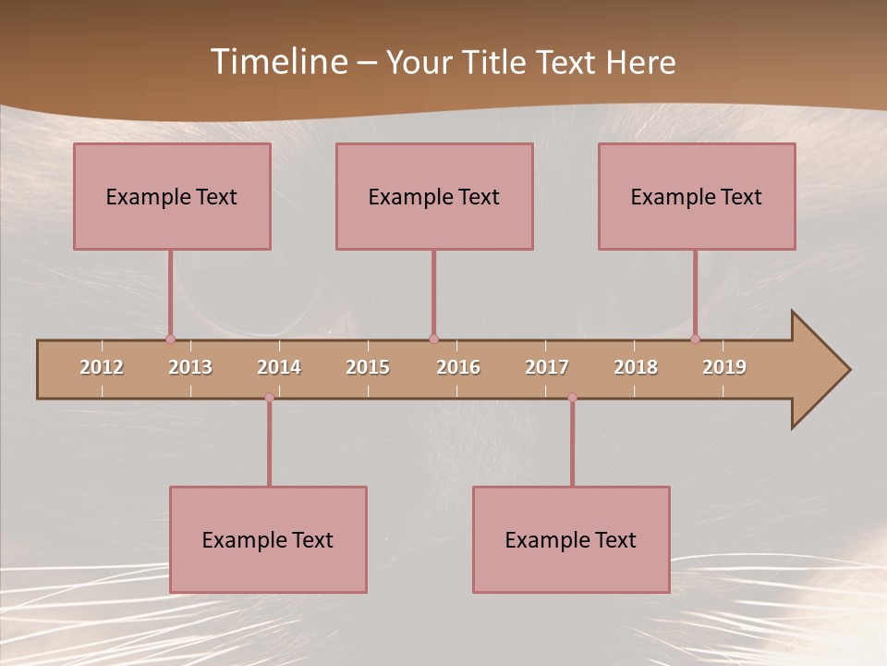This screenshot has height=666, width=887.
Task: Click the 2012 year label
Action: (102, 367)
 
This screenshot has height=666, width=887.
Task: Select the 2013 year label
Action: (190, 367)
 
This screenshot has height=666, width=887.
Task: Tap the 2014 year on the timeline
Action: (279, 367)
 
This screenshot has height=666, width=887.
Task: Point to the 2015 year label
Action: (368, 367)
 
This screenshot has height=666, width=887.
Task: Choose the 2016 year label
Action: (458, 367)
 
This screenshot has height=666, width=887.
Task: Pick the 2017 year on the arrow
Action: (547, 367)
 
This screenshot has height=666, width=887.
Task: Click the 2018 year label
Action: (636, 367)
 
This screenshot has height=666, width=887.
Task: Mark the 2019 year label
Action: (724, 367)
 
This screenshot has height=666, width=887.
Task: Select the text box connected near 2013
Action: (172, 196)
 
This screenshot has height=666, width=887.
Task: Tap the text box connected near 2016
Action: (434, 196)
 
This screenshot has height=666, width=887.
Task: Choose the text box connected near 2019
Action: (697, 196)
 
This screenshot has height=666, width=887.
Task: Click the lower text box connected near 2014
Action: (268, 539)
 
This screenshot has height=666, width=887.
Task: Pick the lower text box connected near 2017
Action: (571, 539)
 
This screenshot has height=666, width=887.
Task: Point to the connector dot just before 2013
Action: (170, 339)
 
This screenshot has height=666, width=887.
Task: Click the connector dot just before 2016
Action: (433, 339)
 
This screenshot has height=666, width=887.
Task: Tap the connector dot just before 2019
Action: (695, 339)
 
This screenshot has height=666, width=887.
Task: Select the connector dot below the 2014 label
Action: (269, 398)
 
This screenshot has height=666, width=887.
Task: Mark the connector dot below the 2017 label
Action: (572, 398)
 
